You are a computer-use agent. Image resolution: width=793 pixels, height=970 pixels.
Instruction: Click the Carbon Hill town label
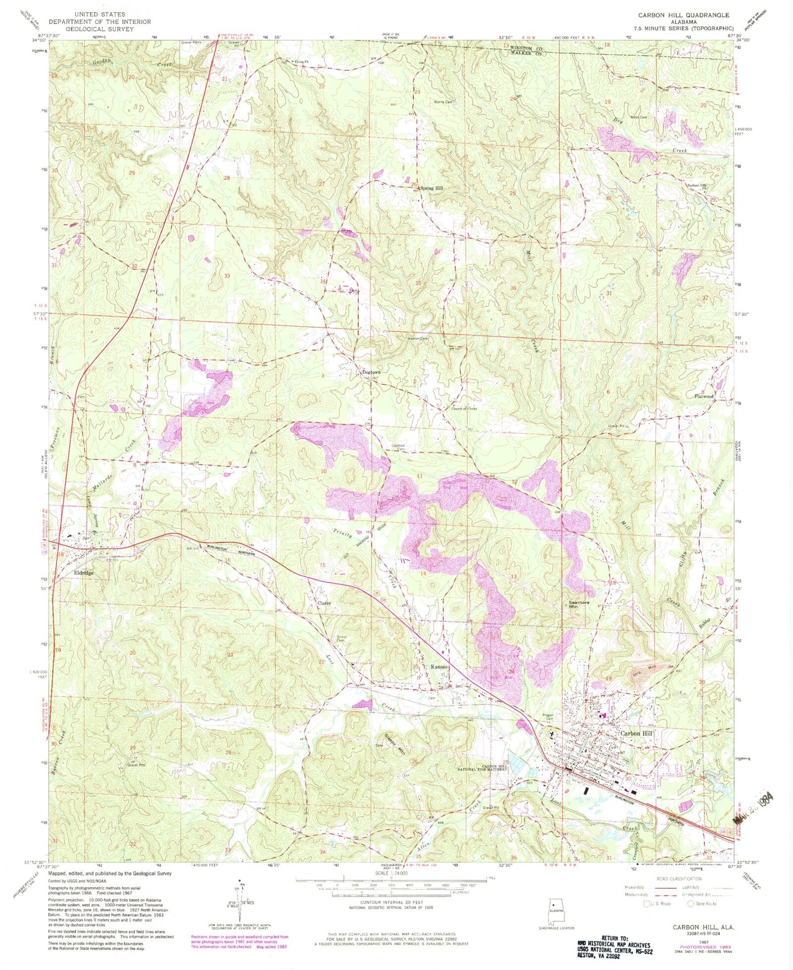636,733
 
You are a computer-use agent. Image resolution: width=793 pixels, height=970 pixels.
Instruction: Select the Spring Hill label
432,188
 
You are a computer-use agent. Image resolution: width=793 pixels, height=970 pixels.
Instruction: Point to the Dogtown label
371,372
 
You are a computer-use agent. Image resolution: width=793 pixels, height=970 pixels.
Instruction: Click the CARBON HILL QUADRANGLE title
683,15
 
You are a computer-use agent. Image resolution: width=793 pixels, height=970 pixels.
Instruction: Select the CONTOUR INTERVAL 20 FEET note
390,902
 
